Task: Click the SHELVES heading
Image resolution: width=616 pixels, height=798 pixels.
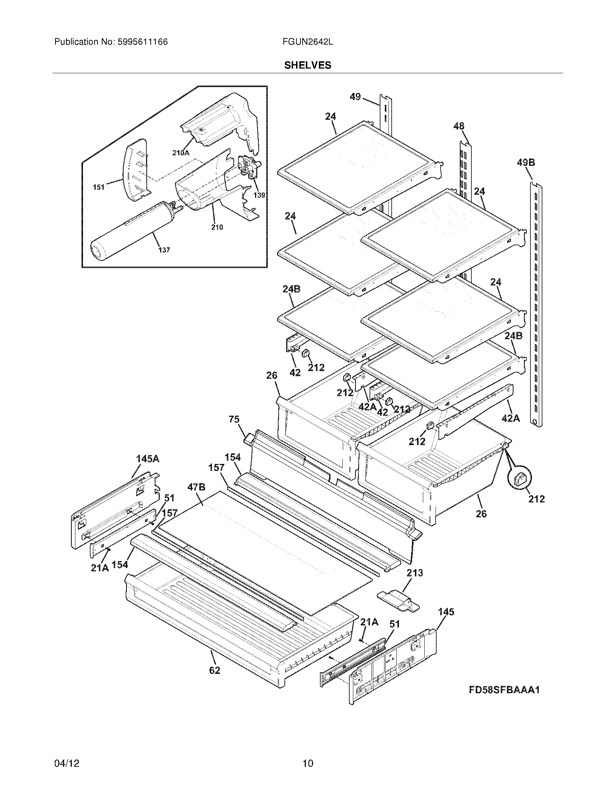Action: pos(308,65)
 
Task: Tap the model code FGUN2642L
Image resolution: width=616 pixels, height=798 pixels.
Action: pos(307,42)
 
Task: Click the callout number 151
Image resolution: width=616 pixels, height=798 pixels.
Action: pos(99,187)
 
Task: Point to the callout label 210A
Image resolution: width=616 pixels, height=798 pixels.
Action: pos(181,153)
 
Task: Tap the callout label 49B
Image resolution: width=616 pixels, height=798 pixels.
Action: pos(525,163)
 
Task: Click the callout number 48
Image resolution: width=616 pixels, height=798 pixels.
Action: pos(459,127)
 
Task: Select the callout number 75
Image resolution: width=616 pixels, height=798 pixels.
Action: pos(234,419)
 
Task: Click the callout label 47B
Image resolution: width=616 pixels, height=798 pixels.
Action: pos(196,487)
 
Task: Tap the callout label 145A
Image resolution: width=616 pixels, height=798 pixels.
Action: pos(147,459)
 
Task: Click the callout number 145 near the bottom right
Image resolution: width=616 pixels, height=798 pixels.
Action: pos(446,612)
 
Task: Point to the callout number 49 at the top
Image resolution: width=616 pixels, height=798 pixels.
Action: pos(355,97)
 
